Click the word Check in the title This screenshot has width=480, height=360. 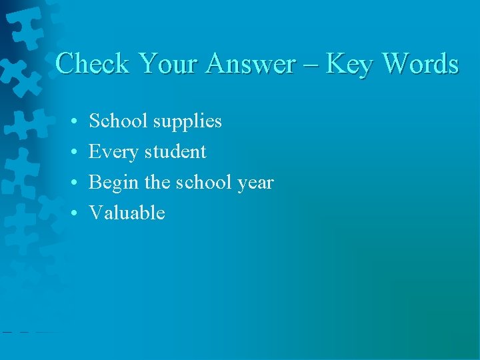[x=93, y=64]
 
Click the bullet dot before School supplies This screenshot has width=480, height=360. [x=75, y=122]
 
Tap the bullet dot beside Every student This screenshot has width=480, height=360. [x=75, y=153]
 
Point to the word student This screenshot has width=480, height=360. [x=175, y=152]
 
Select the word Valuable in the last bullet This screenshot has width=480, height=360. [x=127, y=213]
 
